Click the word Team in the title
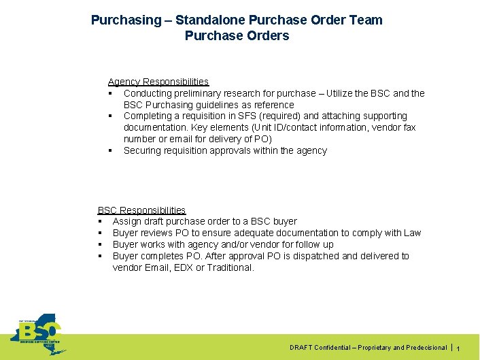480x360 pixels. (x=366, y=20)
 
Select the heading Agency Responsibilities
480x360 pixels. (x=158, y=82)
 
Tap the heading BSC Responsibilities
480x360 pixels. (x=141, y=210)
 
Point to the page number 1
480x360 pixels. (x=458, y=348)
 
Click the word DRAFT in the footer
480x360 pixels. (x=301, y=348)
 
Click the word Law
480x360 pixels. (x=412, y=233)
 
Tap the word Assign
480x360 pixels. (x=126, y=221)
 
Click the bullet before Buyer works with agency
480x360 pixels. (x=100, y=244)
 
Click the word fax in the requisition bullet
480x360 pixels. (x=409, y=128)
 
